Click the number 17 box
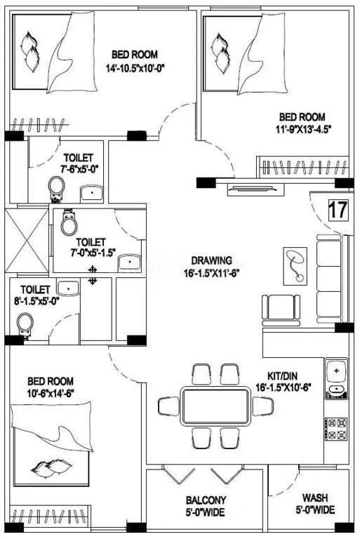click(338, 210)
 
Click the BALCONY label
click(205, 500)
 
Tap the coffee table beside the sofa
click(295, 264)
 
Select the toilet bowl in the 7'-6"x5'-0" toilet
click(57, 186)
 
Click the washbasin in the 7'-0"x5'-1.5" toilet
click(128, 262)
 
